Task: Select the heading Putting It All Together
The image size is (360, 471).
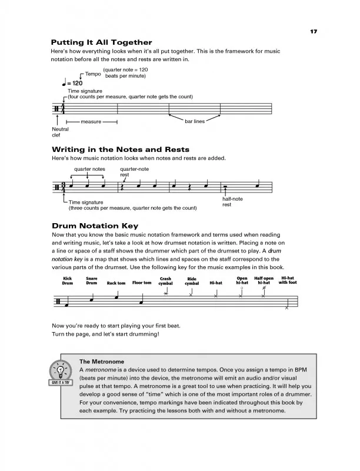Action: [102, 42]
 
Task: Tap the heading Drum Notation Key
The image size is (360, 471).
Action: [95, 225]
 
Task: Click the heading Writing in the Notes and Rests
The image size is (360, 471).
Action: [120, 149]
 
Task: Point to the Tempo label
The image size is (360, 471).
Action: [93, 74]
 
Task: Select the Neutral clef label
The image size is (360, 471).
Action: [61, 132]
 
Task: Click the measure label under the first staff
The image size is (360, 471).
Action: [91, 122]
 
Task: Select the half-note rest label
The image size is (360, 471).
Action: [232, 202]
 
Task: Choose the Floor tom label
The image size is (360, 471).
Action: [142, 283]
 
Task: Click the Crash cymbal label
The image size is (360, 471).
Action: [165, 281]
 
